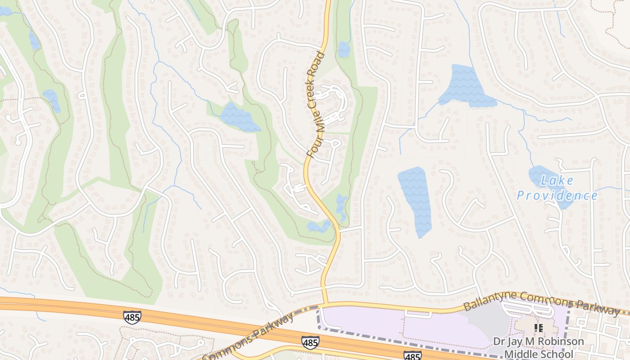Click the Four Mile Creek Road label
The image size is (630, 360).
click(317, 104)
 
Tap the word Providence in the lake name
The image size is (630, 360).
click(557, 196)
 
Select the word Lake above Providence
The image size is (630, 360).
click(557, 181)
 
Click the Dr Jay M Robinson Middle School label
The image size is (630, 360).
click(539, 347)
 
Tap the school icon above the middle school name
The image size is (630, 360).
click(539, 328)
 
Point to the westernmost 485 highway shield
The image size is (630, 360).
click(132, 317)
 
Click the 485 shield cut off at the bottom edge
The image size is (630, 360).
click(412, 356)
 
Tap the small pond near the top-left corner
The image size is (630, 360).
click(34, 40)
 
